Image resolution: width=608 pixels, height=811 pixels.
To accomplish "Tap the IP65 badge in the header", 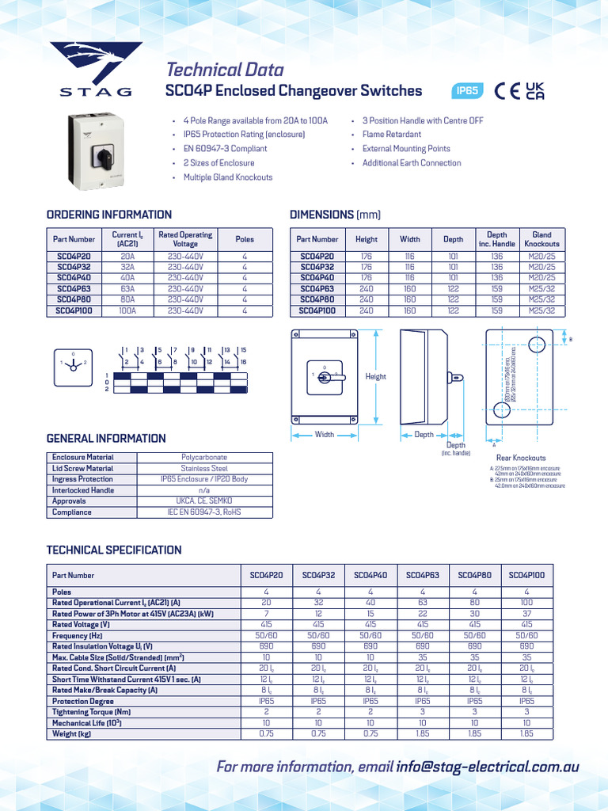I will [x=467, y=91].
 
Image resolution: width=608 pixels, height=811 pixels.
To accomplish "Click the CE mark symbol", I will [x=507, y=91].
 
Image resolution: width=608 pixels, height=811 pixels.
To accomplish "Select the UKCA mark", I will [x=535, y=91].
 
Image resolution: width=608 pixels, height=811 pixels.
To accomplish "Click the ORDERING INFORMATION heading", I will [x=109, y=215].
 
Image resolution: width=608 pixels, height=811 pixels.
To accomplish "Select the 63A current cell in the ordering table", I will [x=127, y=290].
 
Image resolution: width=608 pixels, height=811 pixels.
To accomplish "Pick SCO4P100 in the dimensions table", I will [x=317, y=311].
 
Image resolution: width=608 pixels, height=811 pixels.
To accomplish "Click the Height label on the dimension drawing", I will [x=375, y=377].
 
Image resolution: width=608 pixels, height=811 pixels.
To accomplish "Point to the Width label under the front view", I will [x=325, y=434].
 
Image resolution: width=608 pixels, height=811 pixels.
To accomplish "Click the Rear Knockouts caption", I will [x=520, y=458].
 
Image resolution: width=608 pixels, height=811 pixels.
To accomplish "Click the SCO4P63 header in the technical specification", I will [x=422, y=576].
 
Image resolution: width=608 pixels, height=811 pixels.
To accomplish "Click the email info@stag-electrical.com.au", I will [x=488, y=767].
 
